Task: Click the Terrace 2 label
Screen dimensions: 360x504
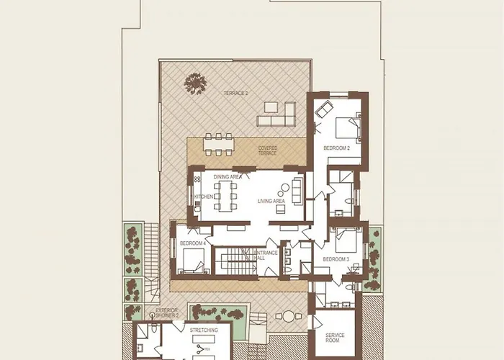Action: (235, 94)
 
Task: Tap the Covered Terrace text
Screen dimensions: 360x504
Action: (268, 150)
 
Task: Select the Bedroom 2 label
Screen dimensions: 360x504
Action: (336, 148)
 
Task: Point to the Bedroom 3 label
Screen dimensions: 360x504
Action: (336, 258)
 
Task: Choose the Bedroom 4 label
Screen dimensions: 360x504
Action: (193, 243)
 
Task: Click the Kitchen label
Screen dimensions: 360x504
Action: (204, 197)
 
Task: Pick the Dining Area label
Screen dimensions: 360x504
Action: (227, 176)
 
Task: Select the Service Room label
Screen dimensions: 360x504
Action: (335, 338)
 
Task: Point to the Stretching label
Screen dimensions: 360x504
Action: (204, 330)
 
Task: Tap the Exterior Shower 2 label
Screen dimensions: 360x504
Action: (167, 313)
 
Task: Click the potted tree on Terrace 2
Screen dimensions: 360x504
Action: (195, 84)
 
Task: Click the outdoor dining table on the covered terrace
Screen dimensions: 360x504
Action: (219, 143)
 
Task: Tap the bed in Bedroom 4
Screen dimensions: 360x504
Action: (193, 260)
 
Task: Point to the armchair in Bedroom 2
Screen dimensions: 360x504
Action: (323, 110)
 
